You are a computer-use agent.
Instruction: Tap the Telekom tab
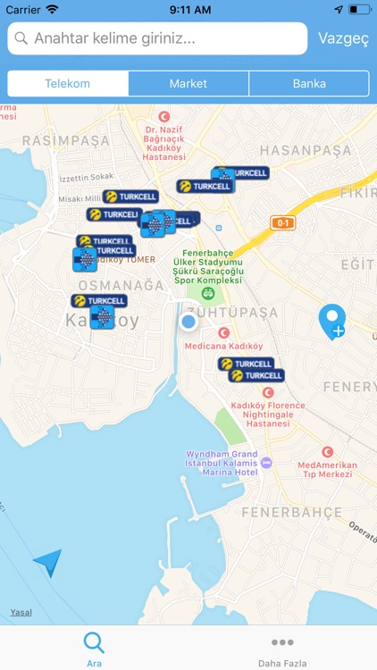(68, 84)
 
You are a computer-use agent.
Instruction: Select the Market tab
(188, 84)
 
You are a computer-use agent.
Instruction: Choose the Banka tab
(309, 84)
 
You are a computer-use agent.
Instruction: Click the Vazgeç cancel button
(342, 39)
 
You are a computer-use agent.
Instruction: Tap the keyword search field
(157, 39)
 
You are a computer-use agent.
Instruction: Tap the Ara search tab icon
(94, 643)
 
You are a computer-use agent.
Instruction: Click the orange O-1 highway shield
(283, 222)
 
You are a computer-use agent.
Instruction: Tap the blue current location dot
(188, 322)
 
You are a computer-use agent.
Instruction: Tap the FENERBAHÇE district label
(291, 513)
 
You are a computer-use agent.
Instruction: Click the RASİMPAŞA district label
(65, 141)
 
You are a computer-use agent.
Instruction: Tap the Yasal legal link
(21, 612)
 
